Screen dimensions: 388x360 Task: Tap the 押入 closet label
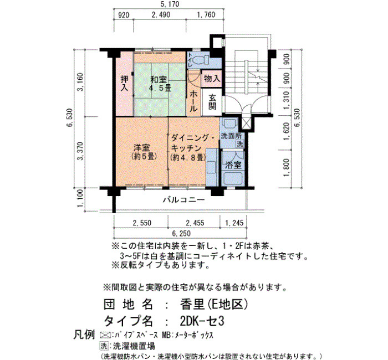124,83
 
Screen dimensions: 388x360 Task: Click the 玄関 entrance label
212,101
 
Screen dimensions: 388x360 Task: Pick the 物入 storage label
212,79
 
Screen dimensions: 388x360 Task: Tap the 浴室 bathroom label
233,164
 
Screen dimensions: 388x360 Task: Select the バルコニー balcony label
184,199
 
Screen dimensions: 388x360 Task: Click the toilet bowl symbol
201,60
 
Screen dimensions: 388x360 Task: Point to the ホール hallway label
194,101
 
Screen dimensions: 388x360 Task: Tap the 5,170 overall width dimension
170,4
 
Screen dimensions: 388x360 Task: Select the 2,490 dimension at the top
161,15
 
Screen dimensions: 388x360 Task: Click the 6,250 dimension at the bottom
181,233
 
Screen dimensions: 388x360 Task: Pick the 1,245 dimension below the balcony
234,223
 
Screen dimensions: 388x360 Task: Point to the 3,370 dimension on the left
81,151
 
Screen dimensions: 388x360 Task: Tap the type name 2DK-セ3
202,321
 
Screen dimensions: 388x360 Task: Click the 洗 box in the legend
104,346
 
